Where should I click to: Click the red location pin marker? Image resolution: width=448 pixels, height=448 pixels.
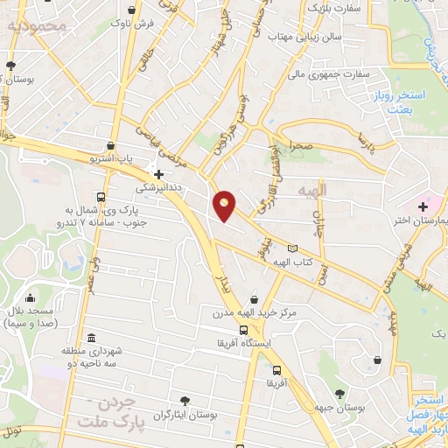(226, 206)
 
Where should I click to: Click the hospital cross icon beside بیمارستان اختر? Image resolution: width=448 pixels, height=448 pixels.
(423, 206)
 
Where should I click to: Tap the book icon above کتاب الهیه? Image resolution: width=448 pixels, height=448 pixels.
(304, 249)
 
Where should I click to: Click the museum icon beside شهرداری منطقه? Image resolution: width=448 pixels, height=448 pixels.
(92, 339)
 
